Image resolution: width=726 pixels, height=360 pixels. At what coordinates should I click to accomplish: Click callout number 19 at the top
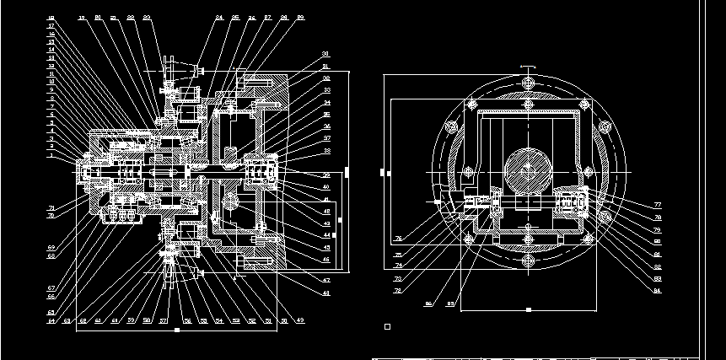(82, 18)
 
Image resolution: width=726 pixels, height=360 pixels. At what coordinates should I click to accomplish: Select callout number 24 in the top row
(219, 18)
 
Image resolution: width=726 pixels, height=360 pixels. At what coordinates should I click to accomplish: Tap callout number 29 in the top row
(302, 18)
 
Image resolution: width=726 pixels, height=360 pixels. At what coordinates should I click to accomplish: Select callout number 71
(51, 208)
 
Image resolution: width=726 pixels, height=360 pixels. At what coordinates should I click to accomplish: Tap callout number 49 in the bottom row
(299, 321)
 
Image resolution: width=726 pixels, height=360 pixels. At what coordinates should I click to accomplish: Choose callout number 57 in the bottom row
(162, 321)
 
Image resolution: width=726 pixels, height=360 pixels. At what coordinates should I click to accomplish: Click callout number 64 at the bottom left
(51, 321)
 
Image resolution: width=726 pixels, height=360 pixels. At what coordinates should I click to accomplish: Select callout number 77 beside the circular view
(657, 206)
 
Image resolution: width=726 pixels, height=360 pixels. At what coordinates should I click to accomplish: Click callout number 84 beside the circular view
(657, 291)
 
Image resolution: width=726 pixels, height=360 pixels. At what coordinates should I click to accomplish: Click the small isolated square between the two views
(387, 325)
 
